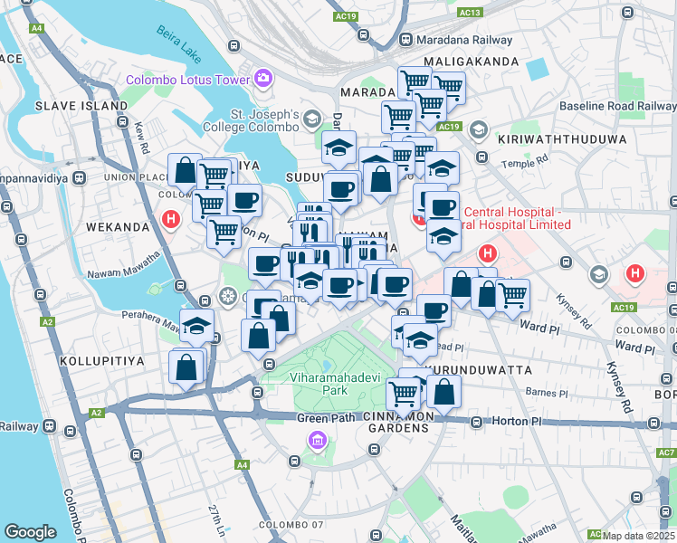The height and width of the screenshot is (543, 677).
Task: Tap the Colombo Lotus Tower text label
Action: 187,80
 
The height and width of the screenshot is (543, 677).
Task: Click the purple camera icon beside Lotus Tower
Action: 263,79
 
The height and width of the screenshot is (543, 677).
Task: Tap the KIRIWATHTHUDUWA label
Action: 562,140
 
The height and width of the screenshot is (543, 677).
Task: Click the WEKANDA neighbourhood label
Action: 117,226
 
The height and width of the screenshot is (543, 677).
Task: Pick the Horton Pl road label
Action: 516,422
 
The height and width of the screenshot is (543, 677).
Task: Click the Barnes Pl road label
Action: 550,394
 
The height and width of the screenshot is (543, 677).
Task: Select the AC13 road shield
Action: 469,13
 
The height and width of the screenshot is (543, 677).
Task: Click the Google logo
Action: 30,532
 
